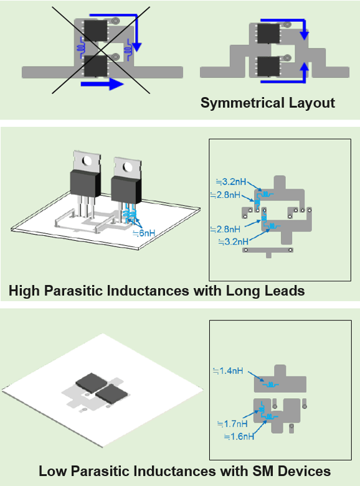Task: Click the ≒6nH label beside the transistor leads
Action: pos(144,233)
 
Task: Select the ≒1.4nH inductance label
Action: pos(229,371)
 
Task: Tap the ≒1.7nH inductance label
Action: pos(232,423)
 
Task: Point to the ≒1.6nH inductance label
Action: pos(239,436)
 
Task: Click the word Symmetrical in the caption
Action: pos(243,103)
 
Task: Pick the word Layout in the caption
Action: pos(312,103)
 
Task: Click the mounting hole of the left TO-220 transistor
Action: pos(87,161)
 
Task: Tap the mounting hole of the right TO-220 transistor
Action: pos(128,167)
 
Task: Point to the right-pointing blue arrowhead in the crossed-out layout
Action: pos(116,83)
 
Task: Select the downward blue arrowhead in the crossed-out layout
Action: pos(136,47)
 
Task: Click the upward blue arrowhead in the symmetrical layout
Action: pos(305,67)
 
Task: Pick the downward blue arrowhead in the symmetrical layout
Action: pos(305,35)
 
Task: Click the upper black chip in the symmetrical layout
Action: pos(269,33)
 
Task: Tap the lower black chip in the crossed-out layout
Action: pos(95,66)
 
